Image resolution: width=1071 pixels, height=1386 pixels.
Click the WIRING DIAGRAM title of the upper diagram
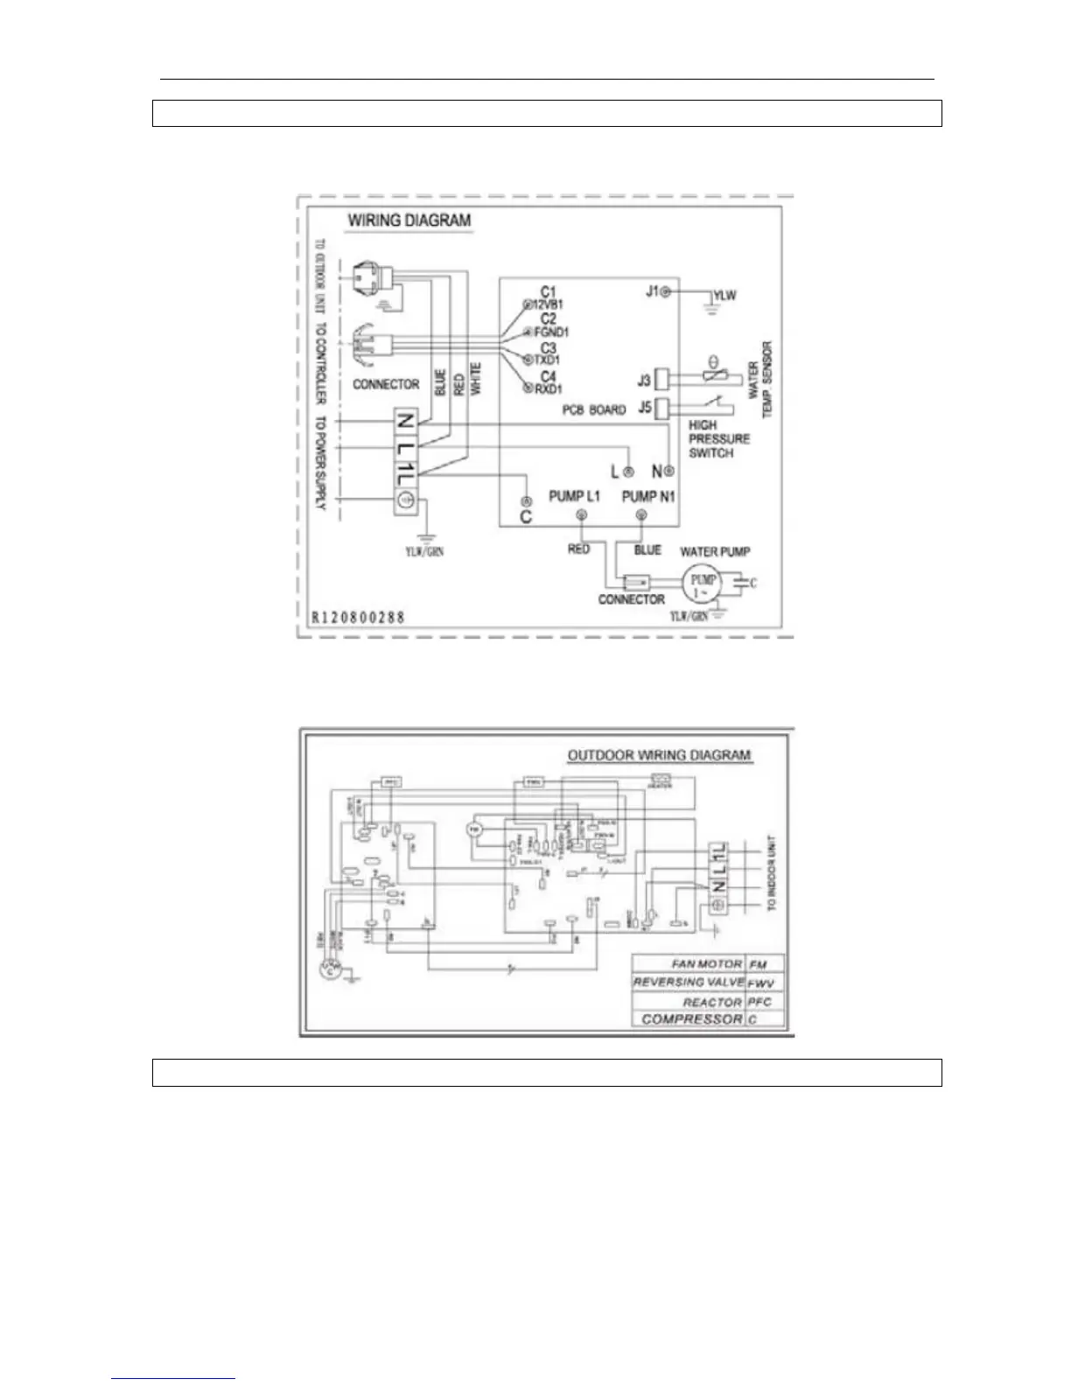click(x=409, y=220)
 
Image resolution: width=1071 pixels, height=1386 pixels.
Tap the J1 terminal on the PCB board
click(x=665, y=291)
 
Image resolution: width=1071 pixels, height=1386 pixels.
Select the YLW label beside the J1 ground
click(x=724, y=296)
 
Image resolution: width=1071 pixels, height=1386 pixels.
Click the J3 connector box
click(x=662, y=380)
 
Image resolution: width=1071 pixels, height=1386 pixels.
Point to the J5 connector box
click(x=662, y=407)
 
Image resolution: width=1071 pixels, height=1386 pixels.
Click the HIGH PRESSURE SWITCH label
click(x=718, y=438)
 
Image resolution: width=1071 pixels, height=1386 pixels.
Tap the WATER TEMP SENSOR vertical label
click(x=760, y=380)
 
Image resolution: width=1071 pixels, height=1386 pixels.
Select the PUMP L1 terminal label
click(x=574, y=496)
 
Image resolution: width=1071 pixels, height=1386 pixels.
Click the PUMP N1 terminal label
click(x=648, y=496)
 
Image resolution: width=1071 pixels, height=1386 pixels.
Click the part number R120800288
click(x=359, y=617)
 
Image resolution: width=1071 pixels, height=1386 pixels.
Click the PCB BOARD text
click(x=594, y=409)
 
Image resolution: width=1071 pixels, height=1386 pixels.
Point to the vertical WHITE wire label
click(x=476, y=381)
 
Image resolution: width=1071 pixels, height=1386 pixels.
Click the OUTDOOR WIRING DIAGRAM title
click(x=659, y=755)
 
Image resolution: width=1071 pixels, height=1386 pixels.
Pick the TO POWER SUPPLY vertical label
click(x=320, y=463)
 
